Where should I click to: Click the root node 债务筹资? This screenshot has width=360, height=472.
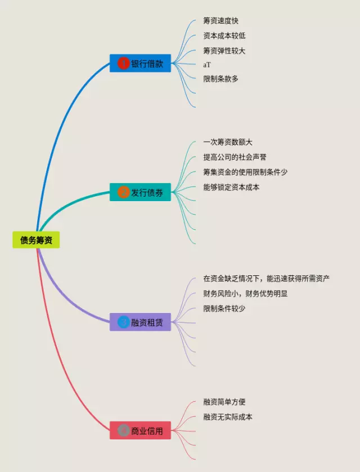point(36,240)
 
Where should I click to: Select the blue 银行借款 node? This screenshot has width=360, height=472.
point(140,63)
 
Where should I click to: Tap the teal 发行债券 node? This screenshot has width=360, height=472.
point(140,192)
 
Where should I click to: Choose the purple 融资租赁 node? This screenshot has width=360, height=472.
point(140,322)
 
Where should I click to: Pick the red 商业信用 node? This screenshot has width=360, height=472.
point(140,431)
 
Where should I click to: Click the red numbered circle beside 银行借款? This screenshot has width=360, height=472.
point(123,63)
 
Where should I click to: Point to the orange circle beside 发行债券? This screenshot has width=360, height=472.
point(123,192)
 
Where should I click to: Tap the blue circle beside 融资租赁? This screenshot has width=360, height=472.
point(123,322)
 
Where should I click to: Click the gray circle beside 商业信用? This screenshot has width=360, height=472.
point(123,431)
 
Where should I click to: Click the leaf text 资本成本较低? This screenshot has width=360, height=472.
point(224,35)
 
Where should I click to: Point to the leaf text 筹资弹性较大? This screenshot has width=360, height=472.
point(224,51)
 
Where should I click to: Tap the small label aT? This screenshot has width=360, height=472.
point(207,65)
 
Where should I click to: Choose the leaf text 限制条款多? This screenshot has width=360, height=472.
point(221,79)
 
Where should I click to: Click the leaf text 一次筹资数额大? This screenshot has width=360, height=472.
point(228,142)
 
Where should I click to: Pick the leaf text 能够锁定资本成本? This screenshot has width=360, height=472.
point(231,187)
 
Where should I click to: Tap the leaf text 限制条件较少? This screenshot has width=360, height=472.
point(224,308)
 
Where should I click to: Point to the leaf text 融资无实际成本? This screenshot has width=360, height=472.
point(228,417)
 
